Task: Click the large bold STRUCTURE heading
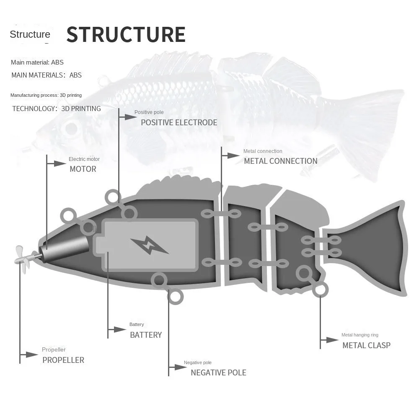click(x=126, y=34)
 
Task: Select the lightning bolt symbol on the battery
click(x=149, y=246)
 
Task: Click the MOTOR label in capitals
click(x=83, y=169)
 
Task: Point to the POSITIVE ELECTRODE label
click(x=179, y=123)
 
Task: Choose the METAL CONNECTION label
click(x=280, y=161)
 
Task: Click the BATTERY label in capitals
click(x=146, y=335)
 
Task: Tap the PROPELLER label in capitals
click(x=63, y=360)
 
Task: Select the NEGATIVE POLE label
click(x=218, y=373)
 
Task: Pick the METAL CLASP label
click(x=366, y=346)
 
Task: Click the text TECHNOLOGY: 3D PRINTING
click(x=57, y=109)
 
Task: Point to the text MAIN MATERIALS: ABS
click(x=47, y=75)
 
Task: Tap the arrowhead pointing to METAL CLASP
click(x=333, y=340)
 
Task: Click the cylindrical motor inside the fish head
click(x=65, y=250)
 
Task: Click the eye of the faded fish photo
click(x=71, y=129)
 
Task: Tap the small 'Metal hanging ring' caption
click(x=360, y=335)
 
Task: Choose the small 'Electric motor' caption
click(x=84, y=159)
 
